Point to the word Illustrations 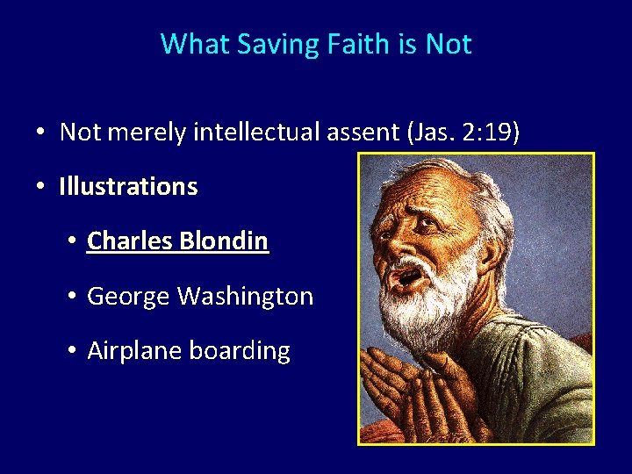[128, 186]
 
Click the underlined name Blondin [226, 241]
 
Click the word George [129, 297]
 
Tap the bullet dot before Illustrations [40, 187]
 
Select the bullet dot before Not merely [40, 133]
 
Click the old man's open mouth [409, 277]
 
